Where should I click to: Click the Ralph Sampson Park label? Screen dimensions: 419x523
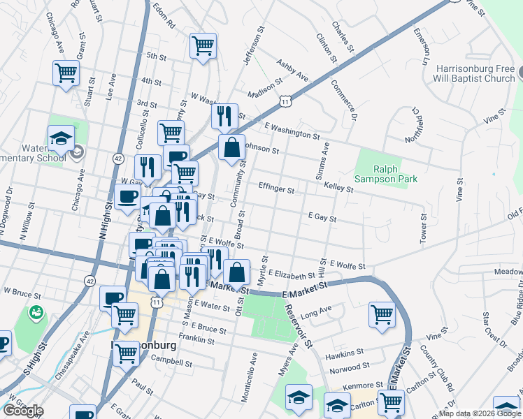pos(395,174)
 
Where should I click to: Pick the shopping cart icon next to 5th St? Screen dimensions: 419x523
pos(202,46)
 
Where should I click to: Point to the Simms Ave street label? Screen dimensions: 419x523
pos(325,159)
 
